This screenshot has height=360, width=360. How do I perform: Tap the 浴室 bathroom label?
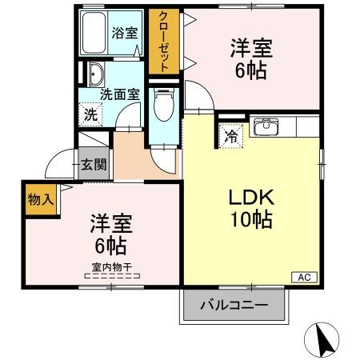click(x=124, y=34)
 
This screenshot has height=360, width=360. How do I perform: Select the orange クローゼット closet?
click(x=164, y=42)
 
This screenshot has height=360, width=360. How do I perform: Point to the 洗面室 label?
click(x=120, y=93)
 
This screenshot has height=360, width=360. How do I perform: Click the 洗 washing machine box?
click(x=90, y=114)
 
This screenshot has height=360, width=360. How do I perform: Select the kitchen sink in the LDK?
click(x=265, y=127)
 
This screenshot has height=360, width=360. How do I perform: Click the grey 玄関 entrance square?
click(x=93, y=165)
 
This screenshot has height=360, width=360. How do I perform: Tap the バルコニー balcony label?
click(x=234, y=304)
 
